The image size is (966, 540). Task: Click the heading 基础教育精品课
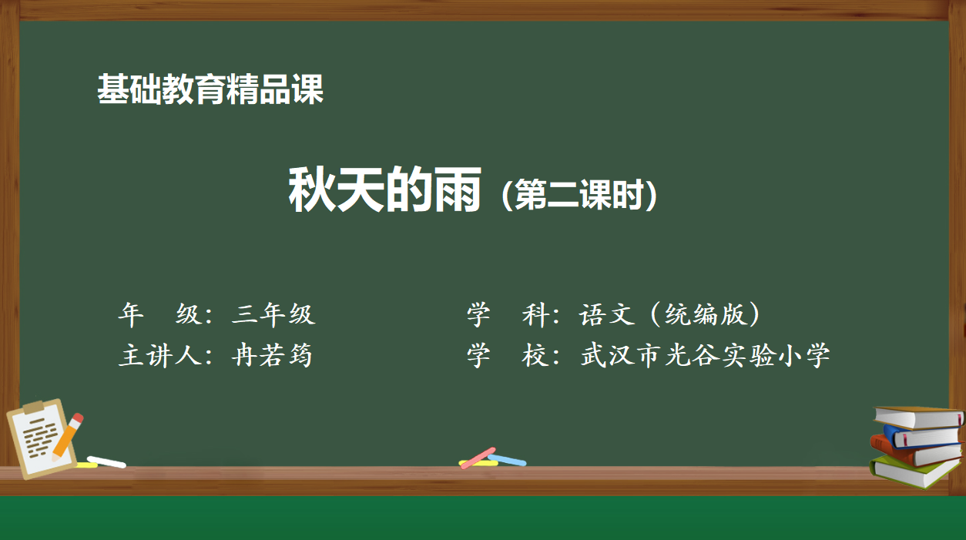210,89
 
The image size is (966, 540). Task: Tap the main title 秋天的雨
384,190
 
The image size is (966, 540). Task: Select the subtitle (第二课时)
579,195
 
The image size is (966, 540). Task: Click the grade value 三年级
273,314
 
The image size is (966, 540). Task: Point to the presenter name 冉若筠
272,355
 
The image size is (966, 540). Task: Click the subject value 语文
607,314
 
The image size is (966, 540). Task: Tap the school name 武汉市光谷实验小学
705,355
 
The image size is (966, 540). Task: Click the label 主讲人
160,355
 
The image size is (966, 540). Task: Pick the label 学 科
508,314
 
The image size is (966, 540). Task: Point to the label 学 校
508,355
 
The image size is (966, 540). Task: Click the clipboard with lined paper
41,438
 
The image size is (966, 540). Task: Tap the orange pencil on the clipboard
68,437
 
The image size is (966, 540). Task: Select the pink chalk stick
478,458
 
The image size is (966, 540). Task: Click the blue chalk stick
508,460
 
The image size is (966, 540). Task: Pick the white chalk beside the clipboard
106,462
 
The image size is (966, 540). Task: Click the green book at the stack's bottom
914,473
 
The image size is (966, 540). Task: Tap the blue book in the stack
923,437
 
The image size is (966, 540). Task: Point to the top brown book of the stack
919,417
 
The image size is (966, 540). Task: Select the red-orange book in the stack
917,453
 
